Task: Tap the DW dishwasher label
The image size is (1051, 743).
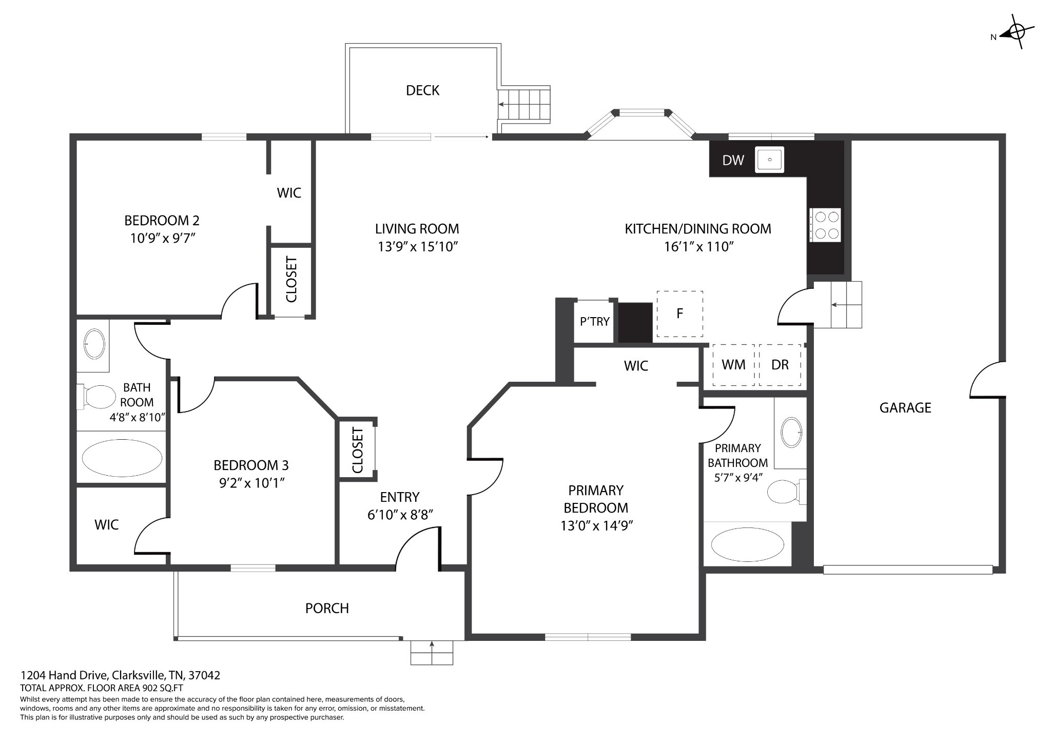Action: tap(733, 160)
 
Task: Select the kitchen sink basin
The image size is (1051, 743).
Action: tap(770, 160)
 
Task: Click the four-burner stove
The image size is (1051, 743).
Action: tap(825, 225)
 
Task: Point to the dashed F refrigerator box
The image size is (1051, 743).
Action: tap(680, 314)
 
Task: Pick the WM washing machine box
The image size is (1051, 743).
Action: tap(733, 365)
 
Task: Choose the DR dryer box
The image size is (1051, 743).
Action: tap(780, 365)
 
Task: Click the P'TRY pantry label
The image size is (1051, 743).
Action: tap(595, 322)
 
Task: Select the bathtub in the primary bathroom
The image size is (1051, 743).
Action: tap(748, 544)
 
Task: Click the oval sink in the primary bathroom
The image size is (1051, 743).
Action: tap(791, 433)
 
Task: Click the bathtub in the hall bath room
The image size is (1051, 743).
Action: tap(122, 458)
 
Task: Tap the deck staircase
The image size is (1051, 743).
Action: tap(523, 105)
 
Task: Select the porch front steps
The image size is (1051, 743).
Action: tap(432, 652)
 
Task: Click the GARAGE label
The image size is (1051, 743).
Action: tap(905, 408)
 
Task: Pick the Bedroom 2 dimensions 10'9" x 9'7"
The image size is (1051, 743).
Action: tap(163, 239)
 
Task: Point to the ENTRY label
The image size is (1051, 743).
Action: tap(400, 497)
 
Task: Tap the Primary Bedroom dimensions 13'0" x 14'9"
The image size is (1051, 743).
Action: tap(596, 525)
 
